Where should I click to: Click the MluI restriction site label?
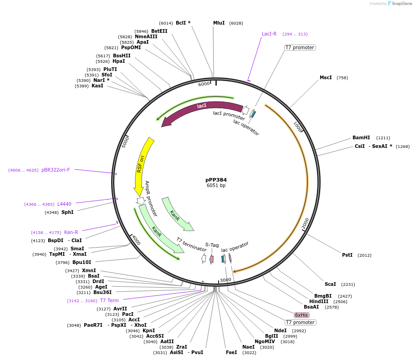(x=219, y=23)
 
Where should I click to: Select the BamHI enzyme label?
(x=361, y=137)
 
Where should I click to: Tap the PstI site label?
(x=347, y=255)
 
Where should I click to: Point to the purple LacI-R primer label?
(x=269, y=34)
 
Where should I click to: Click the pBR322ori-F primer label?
(x=56, y=170)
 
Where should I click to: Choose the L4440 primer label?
(x=64, y=204)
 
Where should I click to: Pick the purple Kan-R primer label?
(x=71, y=232)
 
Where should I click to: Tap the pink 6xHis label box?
(x=302, y=315)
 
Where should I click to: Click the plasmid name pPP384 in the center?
(x=216, y=180)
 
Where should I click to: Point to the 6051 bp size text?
(x=216, y=186)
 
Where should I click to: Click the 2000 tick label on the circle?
(x=305, y=223)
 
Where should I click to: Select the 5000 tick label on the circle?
(x=126, y=141)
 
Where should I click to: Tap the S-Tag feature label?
(x=212, y=245)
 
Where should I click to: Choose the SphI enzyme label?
(x=67, y=212)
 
